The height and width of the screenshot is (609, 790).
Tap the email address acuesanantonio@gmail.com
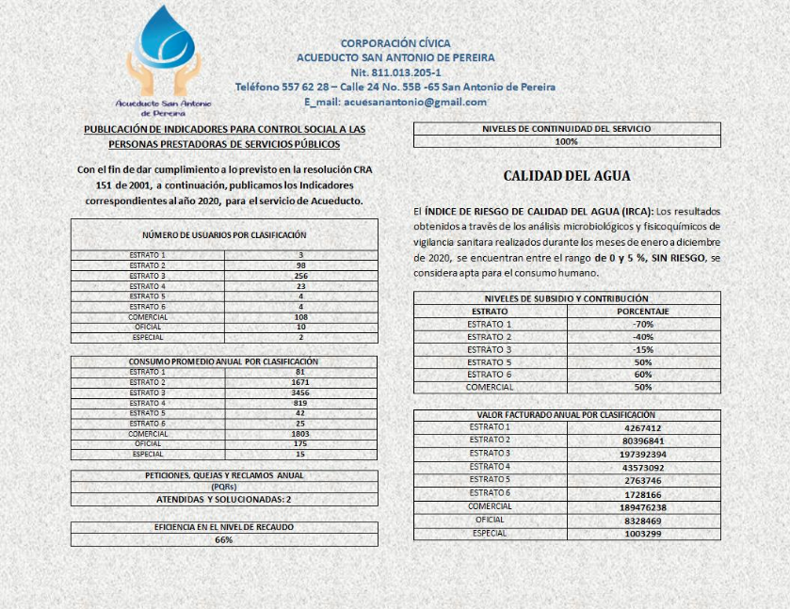pos(395,102)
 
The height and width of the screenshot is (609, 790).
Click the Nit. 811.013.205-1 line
pos(395,72)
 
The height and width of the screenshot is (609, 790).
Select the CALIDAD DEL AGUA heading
pos(567,176)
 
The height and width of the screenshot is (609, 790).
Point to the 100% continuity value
pos(567,141)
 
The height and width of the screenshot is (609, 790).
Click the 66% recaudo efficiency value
pos(224,540)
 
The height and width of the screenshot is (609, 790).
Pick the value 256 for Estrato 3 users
pos(300,276)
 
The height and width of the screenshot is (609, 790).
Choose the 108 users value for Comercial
pos(300,317)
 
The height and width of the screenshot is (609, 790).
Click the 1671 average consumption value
pos(300,383)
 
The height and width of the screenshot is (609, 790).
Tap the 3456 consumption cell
pos(300,393)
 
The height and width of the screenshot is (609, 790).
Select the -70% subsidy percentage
pos(643,324)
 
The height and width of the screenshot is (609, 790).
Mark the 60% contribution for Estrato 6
pos(643,375)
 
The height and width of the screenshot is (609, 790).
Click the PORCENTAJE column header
pos(643,311)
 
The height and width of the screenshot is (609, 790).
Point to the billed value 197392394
pos(644,454)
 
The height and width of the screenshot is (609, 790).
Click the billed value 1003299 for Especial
pos(644,534)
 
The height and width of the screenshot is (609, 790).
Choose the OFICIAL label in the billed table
pos(490,520)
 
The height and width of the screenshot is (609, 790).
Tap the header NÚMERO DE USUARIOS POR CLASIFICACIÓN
pos(224,235)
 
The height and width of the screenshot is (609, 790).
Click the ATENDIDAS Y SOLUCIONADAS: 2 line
pos(224,500)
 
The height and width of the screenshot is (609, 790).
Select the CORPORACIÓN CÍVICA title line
pos(395,43)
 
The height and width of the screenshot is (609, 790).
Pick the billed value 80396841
pos(644,441)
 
